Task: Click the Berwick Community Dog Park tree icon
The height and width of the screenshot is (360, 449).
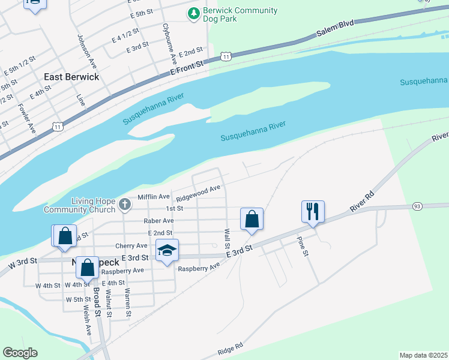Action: [x=193, y=13]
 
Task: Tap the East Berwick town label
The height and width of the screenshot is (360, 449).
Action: [x=71, y=77]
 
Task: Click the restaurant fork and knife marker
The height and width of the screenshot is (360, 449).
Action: [x=313, y=211]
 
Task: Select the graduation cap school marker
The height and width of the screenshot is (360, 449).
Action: [x=167, y=250]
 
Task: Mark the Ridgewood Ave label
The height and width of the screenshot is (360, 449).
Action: [x=198, y=193]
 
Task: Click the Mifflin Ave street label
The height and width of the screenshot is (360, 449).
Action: [x=154, y=196]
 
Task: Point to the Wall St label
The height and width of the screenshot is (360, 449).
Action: [x=227, y=238]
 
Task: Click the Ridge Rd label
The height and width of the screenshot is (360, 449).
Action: [x=231, y=347]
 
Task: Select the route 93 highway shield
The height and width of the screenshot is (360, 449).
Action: [x=417, y=206]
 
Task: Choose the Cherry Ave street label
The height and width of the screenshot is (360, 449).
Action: [x=131, y=245]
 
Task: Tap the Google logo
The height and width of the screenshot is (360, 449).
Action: [x=20, y=353]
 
